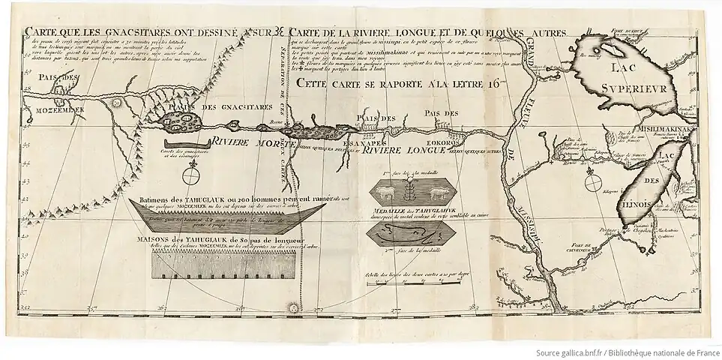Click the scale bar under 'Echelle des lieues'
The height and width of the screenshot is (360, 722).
[412, 284]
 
